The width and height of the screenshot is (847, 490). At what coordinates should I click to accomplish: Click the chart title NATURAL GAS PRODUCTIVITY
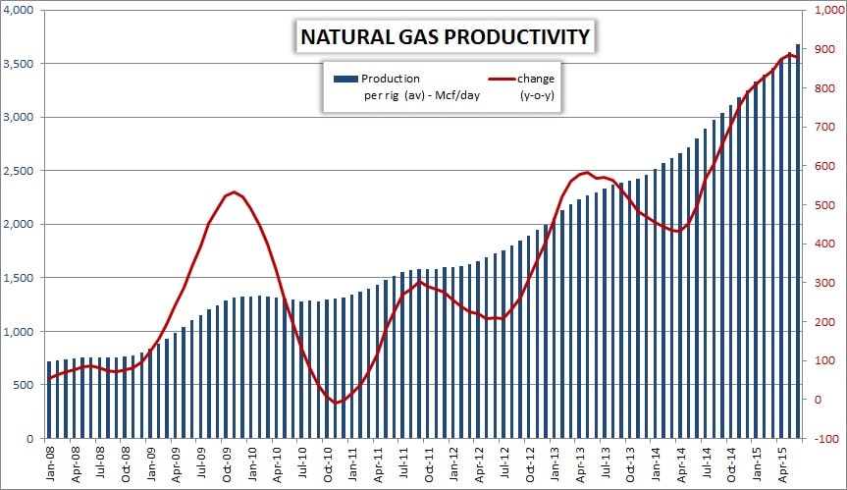coord(444,37)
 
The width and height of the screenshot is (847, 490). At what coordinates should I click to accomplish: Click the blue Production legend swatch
coord(344,79)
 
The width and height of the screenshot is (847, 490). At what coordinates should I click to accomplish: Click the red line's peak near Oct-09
coord(235,192)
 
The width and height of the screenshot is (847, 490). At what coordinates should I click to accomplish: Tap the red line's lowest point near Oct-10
coord(337,403)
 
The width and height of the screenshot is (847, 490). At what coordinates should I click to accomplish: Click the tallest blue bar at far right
coord(798,241)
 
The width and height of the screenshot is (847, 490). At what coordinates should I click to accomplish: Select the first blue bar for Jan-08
coord(50,400)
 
